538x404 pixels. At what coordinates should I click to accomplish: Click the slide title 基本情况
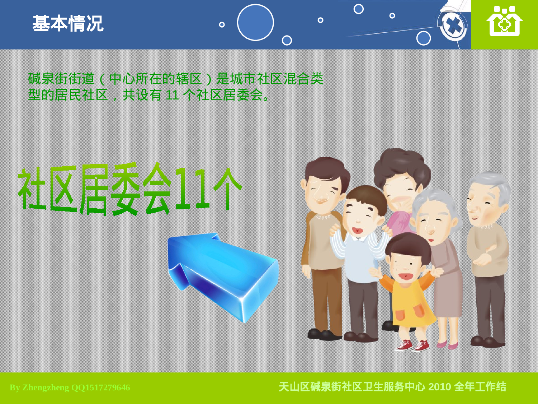tap(68, 24)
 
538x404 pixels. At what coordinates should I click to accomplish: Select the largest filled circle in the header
tap(255, 22)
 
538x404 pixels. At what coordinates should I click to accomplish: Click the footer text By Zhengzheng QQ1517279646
tap(70, 387)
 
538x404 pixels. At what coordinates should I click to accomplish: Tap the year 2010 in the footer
tap(439, 387)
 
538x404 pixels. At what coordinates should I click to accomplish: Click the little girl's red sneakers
tap(412, 345)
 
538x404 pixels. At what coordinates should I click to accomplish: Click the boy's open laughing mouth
tap(357, 230)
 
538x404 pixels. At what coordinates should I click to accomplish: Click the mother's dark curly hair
tap(402, 165)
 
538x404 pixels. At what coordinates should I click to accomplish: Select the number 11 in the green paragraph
tap(172, 95)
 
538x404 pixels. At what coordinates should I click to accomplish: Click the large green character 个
tap(227, 189)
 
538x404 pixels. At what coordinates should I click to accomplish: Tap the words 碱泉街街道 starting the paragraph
tap(61, 79)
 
